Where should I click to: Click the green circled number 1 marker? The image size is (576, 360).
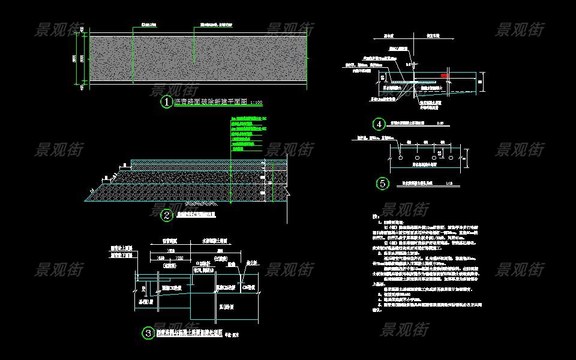click(166, 102)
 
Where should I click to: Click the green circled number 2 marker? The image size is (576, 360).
click(167, 213)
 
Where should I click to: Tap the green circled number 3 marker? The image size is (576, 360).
click(148, 333)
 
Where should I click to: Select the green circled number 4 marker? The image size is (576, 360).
click(379, 124)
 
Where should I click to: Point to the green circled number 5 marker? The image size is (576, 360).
click(382, 184)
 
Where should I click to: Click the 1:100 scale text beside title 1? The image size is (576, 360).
click(256, 103)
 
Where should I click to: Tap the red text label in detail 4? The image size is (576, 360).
click(444, 76)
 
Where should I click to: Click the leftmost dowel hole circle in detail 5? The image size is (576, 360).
click(398, 159)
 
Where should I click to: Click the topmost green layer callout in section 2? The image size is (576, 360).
click(247, 118)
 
